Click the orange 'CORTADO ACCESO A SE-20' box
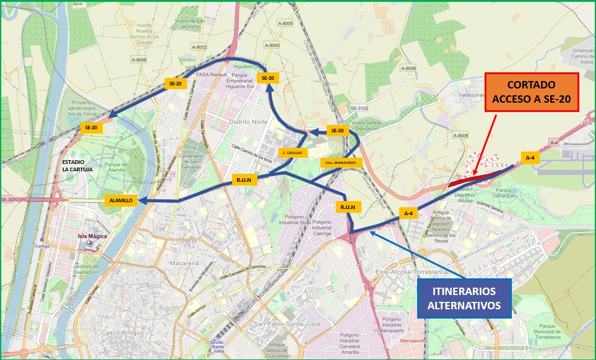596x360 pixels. click(531, 92)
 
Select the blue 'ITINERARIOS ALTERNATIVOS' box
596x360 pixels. click(464, 299)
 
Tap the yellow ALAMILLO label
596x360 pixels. click(121, 201)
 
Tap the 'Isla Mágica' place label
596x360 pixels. click(92, 236)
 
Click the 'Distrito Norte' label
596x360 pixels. click(248, 122)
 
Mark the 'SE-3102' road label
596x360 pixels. click(359, 108)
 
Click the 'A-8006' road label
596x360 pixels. click(139, 59)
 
